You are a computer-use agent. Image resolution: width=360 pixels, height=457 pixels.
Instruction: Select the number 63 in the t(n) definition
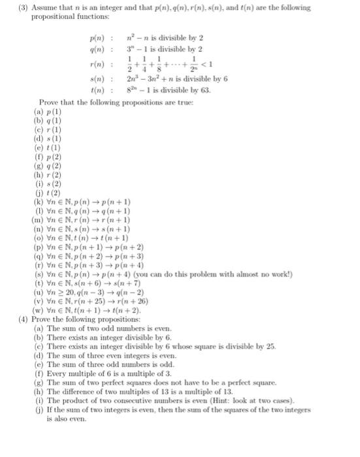click(205, 91)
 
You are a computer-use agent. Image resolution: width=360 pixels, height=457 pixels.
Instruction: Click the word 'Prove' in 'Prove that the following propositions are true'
click(50, 103)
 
